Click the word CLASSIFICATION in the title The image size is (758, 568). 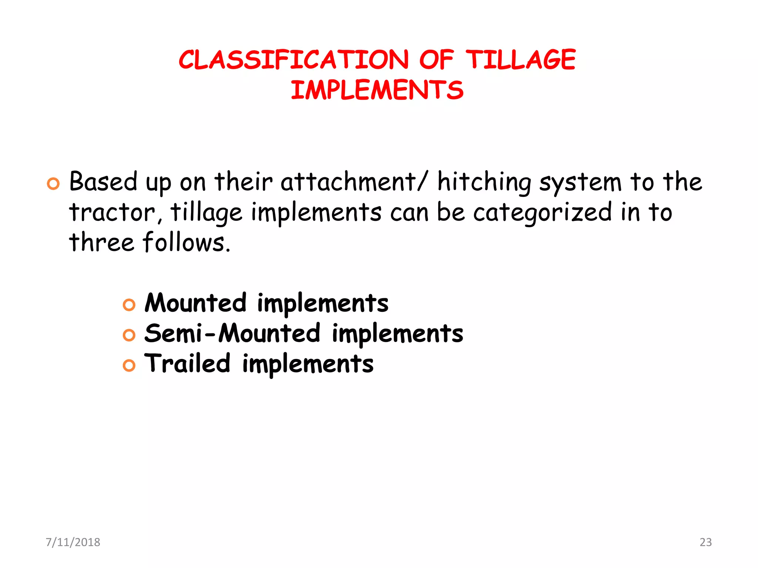[294, 60]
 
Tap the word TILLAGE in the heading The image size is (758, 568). [520, 60]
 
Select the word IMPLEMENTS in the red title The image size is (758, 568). [377, 90]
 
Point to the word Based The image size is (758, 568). [103, 182]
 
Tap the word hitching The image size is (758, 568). [484, 182]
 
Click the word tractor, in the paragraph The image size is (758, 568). [115, 212]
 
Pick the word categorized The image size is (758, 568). [542, 212]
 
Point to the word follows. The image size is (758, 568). [187, 243]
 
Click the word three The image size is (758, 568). [101, 243]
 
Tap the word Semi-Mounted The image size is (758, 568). [232, 333]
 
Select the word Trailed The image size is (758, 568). [187, 363]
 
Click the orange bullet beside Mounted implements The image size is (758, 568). [129, 305]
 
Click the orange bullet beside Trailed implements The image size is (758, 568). [129, 366]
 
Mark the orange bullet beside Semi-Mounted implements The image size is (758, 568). [129, 335]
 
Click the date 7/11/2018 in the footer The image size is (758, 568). [73, 542]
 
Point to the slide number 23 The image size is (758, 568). [705, 542]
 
